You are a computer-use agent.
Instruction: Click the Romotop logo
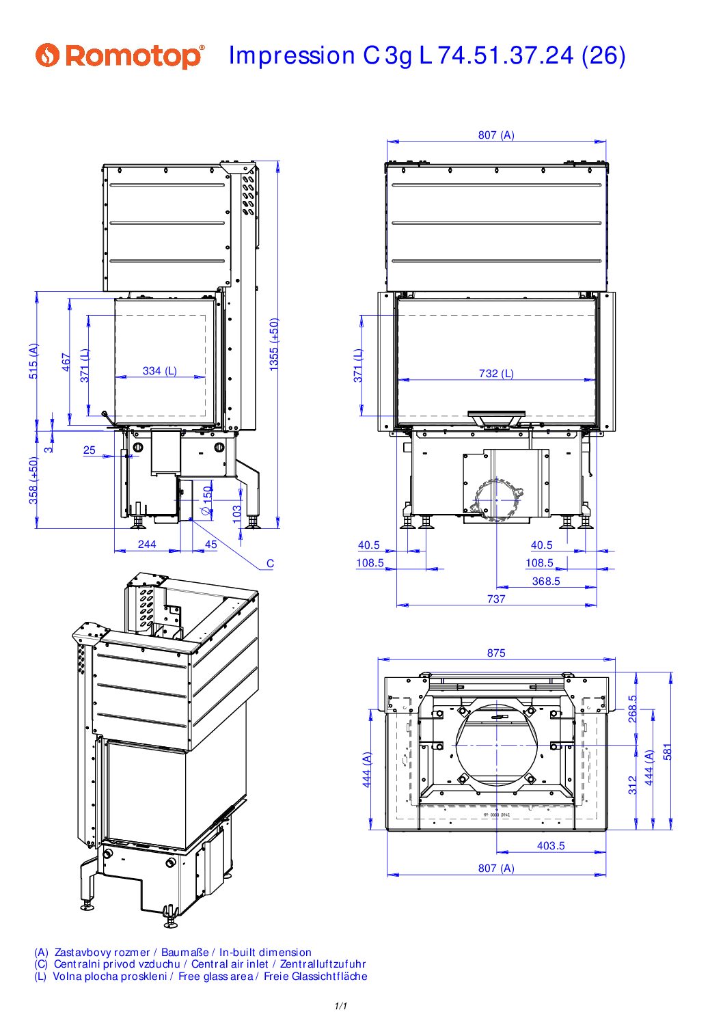click(120, 55)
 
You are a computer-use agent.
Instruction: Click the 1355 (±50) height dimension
click(274, 344)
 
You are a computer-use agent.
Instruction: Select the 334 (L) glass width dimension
click(160, 371)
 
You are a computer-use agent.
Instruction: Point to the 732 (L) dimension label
click(496, 374)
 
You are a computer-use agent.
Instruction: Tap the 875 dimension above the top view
click(496, 653)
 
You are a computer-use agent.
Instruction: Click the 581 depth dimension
click(668, 752)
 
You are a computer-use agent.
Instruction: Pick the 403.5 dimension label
click(551, 846)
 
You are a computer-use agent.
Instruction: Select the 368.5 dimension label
click(546, 582)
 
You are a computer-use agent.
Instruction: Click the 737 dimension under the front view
click(496, 599)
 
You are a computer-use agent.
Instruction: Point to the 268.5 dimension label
click(633, 709)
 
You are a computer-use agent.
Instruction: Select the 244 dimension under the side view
click(147, 545)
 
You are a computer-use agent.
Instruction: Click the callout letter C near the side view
click(270, 564)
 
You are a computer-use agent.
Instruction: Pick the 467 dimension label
click(66, 362)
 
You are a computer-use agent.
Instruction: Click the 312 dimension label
click(633, 785)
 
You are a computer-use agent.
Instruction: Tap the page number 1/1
click(341, 1006)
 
